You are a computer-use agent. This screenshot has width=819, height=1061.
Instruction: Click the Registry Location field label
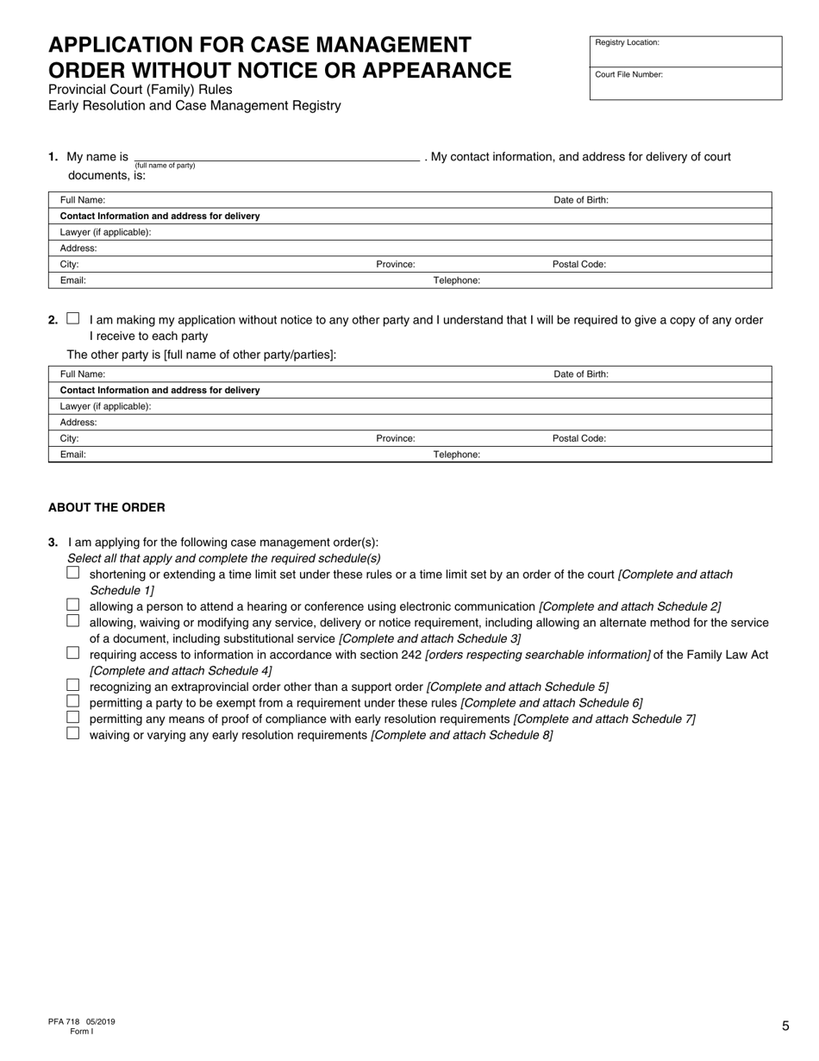pos(627,42)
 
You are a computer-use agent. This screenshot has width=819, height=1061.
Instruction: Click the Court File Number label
pos(628,75)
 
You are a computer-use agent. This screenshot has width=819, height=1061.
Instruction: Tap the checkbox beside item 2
pos(72,318)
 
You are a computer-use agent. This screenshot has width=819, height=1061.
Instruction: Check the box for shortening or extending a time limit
pos(72,573)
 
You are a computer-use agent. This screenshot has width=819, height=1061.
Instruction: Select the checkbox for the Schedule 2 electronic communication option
pos(72,606)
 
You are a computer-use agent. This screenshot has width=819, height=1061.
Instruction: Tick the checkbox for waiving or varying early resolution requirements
pos(72,734)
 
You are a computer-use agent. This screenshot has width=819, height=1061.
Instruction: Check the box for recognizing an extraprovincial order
pos(72,686)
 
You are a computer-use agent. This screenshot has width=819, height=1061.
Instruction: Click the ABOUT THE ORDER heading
pos(106,507)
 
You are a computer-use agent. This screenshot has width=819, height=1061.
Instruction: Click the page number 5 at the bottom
pos(785,1026)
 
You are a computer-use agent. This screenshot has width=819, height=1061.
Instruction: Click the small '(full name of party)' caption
pos(165,166)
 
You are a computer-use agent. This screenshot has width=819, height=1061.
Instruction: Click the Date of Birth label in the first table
pos(580,200)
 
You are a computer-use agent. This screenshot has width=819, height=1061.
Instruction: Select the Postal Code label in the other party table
pos(578,438)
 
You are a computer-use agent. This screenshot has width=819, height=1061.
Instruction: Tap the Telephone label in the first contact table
pos(456,280)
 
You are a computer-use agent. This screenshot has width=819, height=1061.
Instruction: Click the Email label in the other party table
pos(73,455)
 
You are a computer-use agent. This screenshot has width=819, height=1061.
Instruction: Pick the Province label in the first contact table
pos(395,265)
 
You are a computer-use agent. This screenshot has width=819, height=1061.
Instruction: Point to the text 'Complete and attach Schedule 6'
pos(552,703)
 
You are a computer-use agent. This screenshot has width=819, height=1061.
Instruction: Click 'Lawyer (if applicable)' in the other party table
pos(105,406)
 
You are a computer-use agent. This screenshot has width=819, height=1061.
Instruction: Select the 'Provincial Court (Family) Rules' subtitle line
pos(140,90)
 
